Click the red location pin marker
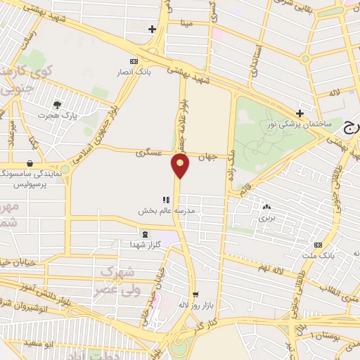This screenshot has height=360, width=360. [181, 166]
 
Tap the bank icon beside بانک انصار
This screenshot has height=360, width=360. [134, 61]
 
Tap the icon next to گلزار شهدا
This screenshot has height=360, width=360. [145, 235]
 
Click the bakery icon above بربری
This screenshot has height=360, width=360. [266, 207]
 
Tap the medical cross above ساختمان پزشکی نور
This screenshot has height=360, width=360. [300, 113]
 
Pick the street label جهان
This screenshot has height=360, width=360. [205, 157]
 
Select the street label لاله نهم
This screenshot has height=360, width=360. [271, 267]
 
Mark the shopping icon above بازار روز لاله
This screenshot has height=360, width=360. [195, 294]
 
